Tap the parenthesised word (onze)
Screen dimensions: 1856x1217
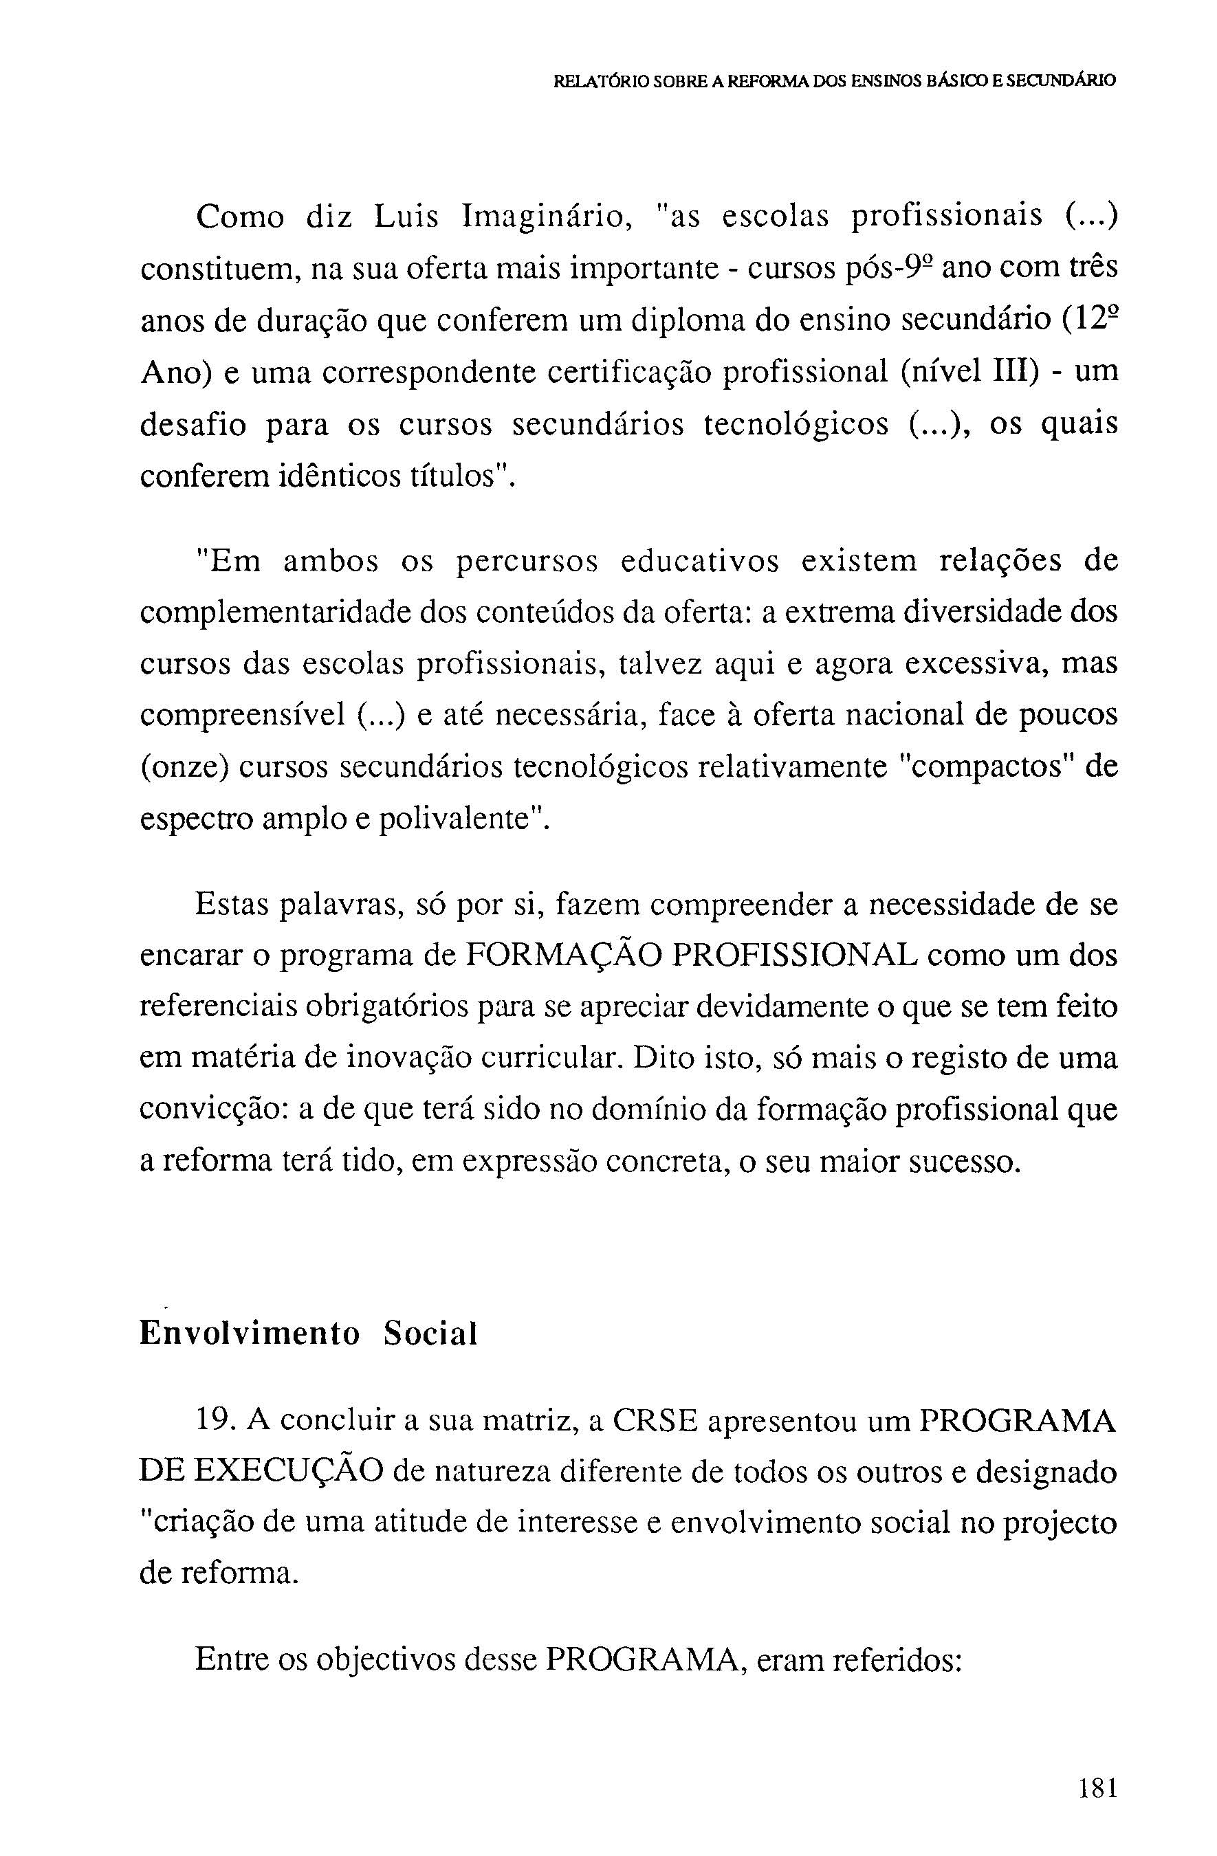pos(185,767)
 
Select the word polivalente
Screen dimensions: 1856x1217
pos(462,819)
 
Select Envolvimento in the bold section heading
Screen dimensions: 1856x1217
pos(250,1334)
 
